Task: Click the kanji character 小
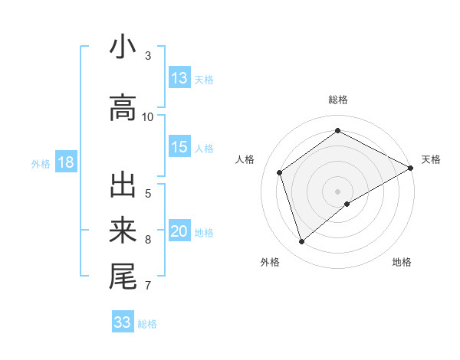(123, 47)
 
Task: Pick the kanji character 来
(123, 230)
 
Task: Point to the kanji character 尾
(123, 276)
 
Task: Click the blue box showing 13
(179, 78)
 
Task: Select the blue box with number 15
(179, 147)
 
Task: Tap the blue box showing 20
(179, 231)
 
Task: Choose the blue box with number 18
(65, 162)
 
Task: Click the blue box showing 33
(123, 322)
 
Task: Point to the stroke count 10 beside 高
(148, 116)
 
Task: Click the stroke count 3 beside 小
(148, 55)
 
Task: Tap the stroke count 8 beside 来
(148, 239)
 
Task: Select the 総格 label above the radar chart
(337, 100)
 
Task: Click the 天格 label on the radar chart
(431, 159)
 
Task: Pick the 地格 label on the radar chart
(402, 262)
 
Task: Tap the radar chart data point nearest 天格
(411, 168)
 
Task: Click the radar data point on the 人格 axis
(280, 172)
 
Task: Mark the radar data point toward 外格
(302, 242)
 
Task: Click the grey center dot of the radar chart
(337, 191)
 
